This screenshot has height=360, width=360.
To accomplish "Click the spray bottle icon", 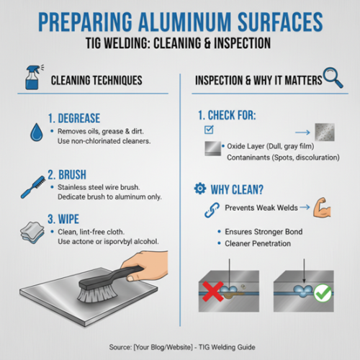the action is (33, 77).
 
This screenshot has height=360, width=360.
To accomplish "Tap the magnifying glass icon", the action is (333, 77).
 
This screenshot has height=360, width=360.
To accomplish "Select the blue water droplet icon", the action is (37, 132).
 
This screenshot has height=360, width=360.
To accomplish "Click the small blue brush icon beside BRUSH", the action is (33, 187).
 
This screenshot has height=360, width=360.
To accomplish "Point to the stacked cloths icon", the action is (32, 233).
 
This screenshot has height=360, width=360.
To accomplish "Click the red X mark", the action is (212, 292).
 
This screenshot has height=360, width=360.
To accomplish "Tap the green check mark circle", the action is (323, 293).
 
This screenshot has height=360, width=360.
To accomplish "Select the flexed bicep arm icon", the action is (322, 207).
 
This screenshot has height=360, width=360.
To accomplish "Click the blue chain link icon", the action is (212, 210).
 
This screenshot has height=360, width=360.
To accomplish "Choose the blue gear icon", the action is (200, 189).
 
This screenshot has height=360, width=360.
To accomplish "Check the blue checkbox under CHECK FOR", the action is (209, 130).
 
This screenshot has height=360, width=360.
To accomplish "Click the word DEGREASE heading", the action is (79, 118).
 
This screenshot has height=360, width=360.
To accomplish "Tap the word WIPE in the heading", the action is (68, 219).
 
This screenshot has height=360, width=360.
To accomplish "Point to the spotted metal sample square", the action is (325, 132).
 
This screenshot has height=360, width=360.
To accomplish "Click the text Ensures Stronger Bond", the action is (264, 232).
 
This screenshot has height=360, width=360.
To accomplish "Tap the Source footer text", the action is (182, 347).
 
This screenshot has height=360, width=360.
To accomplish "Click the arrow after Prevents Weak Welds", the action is (305, 207).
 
